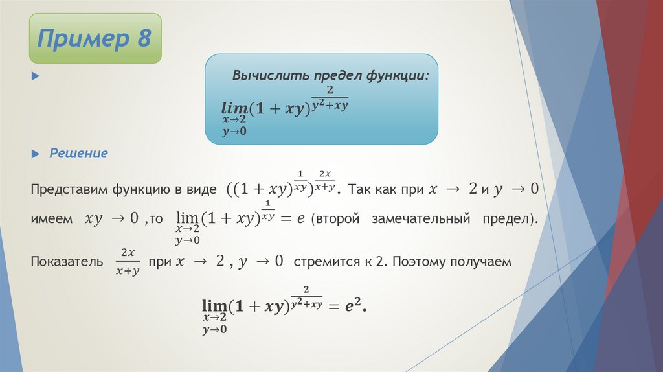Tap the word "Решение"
(79, 154)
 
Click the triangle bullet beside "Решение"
(36, 154)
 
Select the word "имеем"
(51, 220)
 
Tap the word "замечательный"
(420, 220)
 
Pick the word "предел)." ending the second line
(510, 220)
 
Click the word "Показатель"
(66, 262)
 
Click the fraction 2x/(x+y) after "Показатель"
(126, 261)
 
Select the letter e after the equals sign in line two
(301, 220)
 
